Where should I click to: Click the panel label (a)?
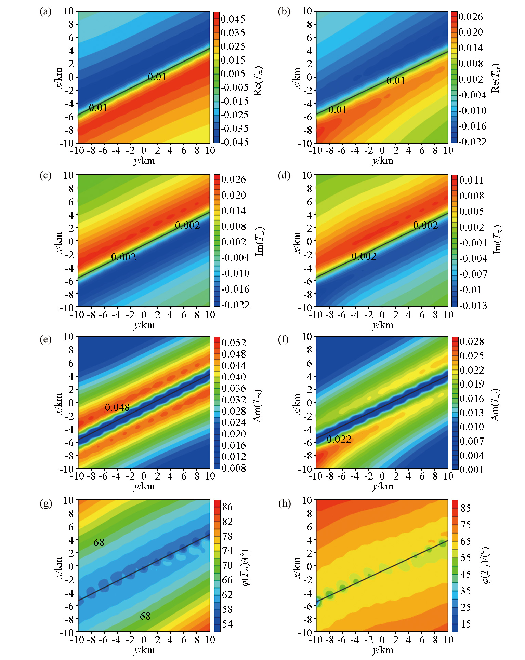click(45, 12)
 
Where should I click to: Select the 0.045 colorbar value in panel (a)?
click(233, 19)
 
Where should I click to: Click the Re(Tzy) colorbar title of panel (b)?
click(496, 78)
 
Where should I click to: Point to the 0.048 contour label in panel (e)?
click(117, 407)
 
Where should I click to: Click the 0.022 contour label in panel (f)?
click(339, 439)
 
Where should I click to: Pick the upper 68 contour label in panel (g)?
click(99, 542)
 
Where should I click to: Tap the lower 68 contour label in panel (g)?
click(145, 616)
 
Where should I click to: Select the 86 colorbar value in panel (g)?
click(227, 507)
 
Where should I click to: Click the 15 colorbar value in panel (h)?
click(465, 624)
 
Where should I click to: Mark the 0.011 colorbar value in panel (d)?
click(471, 180)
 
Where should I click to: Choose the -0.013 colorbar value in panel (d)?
click(473, 305)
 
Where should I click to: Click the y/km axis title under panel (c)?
click(144, 325)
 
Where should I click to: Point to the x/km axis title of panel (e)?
click(58, 404)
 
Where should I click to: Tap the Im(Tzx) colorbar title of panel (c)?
click(260, 241)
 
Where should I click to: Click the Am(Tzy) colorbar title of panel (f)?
click(496, 405)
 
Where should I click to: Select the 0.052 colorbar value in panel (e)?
click(234, 342)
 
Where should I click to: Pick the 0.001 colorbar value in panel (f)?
click(472, 469)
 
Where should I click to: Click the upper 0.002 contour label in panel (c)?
click(187, 225)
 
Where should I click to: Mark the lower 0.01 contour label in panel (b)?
click(338, 110)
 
